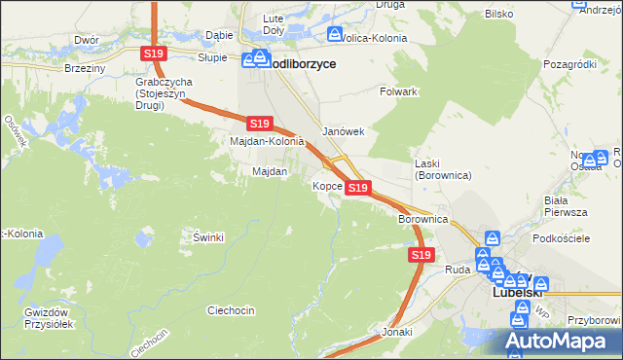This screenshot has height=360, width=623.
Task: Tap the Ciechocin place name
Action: click(231, 310)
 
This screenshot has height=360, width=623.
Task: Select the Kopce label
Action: click(326, 186)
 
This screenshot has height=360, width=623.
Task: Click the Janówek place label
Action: click(343, 131)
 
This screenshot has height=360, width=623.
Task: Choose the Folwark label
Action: click(398, 91)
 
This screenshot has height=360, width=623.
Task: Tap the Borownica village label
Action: click(422, 220)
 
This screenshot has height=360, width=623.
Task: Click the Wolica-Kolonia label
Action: click(374, 39)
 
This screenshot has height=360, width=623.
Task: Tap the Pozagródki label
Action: click(570, 64)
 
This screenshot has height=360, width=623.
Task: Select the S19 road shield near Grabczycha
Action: click(152, 54)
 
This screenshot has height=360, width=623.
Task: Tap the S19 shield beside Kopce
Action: click(358, 187)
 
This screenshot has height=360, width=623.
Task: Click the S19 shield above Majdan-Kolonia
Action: click(258, 124)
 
